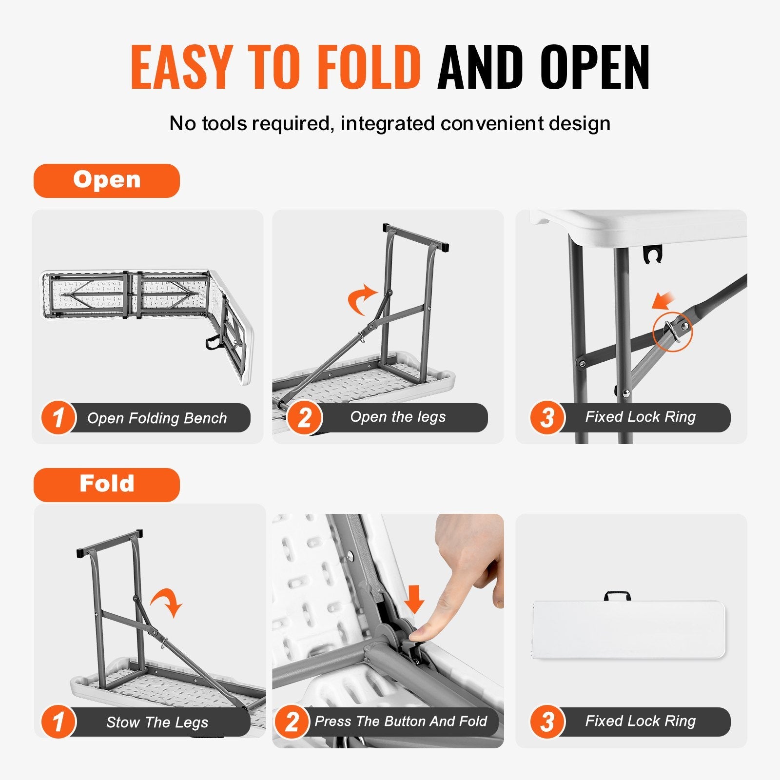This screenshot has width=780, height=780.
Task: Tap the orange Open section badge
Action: coord(107,180)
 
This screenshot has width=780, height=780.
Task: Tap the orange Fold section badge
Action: coord(107,485)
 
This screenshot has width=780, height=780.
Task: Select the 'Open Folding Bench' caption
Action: coord(157,418)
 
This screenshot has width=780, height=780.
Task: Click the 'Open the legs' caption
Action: coord(398,417)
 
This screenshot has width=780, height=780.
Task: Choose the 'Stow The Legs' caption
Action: coord(157,722)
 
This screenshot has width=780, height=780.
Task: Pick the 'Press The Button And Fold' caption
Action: coord(401,721)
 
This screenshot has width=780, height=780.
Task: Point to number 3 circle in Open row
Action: coord(547,418)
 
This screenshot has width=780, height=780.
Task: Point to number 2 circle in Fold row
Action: coord(292,722)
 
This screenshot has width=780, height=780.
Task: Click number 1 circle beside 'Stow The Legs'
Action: coord(58,722)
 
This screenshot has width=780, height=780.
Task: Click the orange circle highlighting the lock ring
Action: coord(672,331)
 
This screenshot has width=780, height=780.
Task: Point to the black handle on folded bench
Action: coord(617,596)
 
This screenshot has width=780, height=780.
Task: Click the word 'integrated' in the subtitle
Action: coord(388,124)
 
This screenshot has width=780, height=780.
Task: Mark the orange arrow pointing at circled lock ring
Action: coord(663,301)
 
